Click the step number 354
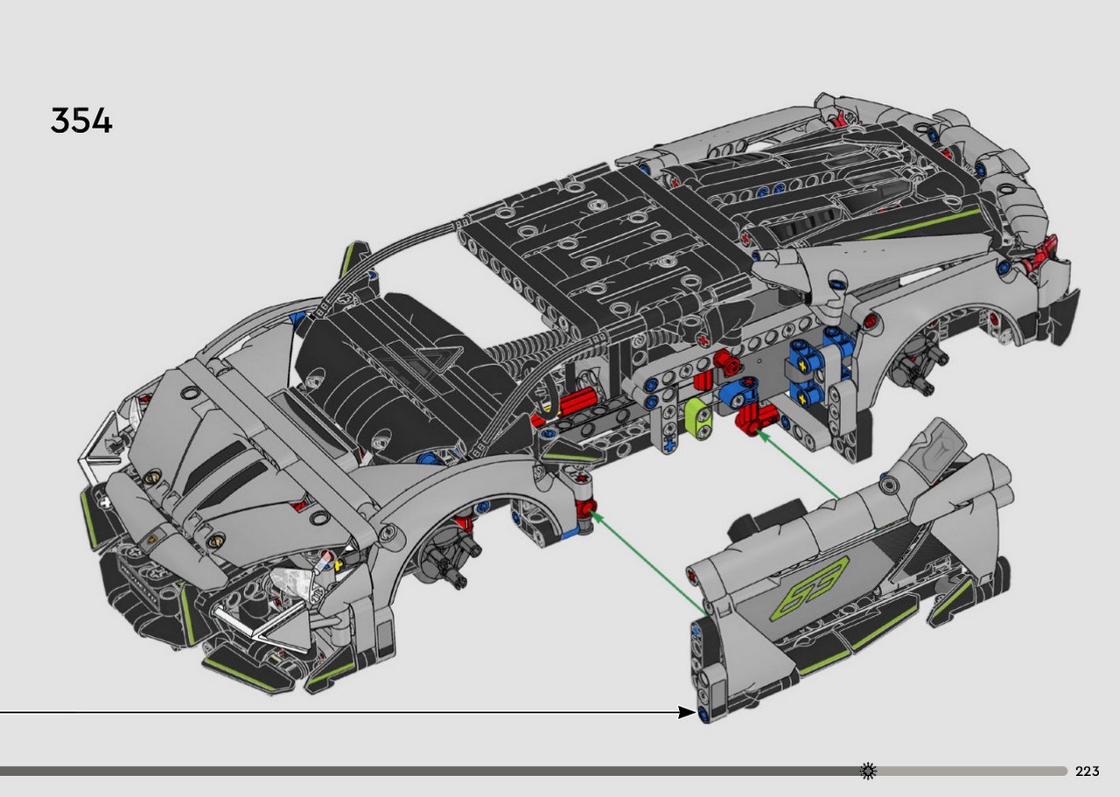(81, 121)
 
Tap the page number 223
(1087, 771)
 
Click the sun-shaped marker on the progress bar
(868, 771)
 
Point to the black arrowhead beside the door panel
(687, 712)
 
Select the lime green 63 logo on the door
(809, 590)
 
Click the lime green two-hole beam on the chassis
(699, 419)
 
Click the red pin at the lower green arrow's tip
(585, 509)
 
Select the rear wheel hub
(916, 364)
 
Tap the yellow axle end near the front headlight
(339, 565)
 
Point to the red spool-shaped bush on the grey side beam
(725, 360)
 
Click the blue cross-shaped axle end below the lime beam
(669, 444)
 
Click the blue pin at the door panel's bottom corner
(703, 715)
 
